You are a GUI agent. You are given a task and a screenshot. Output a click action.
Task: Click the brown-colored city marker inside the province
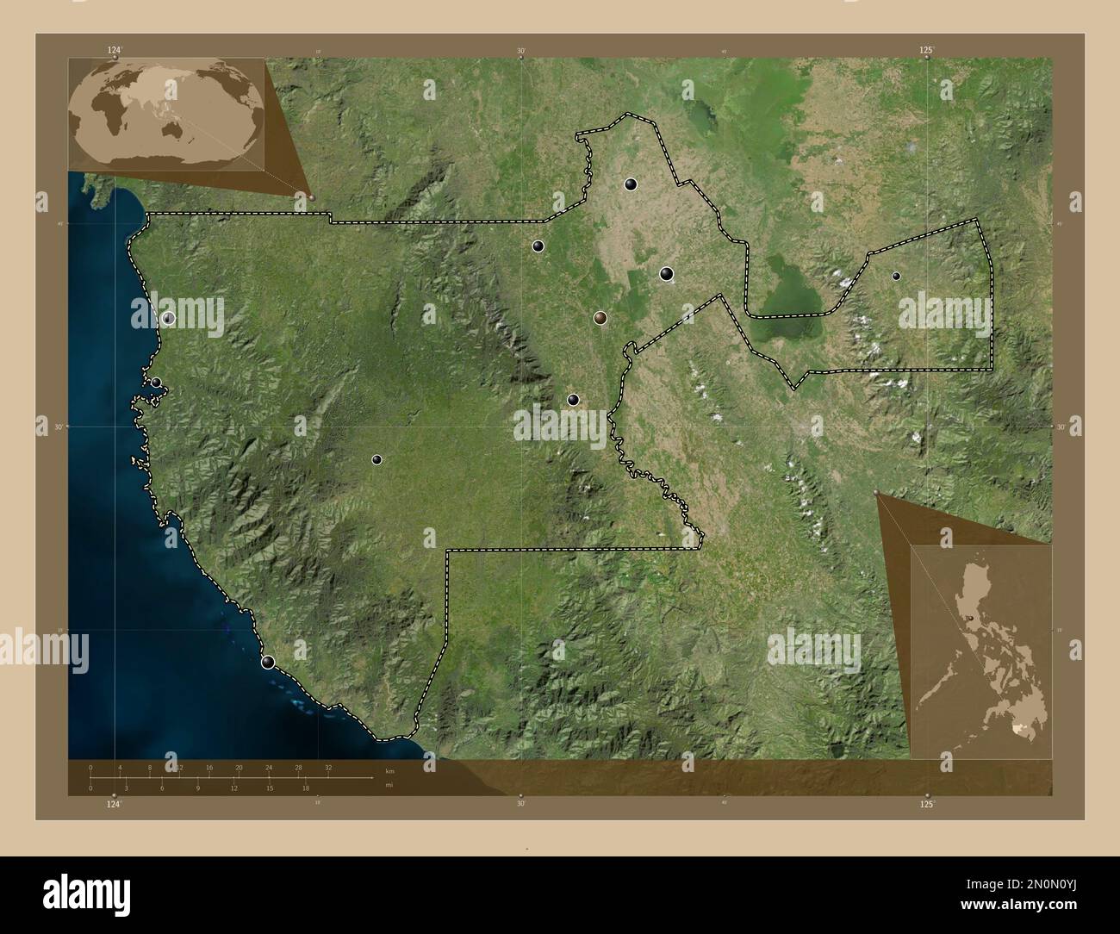[x=600, y=318]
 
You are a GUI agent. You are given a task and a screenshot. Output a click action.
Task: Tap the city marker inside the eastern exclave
[x=896, y=276]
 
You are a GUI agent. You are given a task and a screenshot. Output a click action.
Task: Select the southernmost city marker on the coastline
[x=268, y=662]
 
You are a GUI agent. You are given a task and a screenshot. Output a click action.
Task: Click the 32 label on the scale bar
[x=328, y=767]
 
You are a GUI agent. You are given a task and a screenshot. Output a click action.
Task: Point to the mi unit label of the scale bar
[x=389, y=784]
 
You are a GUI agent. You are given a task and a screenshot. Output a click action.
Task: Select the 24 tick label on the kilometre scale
[x=269, y=767]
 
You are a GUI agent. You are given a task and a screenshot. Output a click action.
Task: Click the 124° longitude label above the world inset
[x=114, y=50]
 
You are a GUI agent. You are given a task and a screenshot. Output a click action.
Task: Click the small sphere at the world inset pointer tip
[x=311, y=196]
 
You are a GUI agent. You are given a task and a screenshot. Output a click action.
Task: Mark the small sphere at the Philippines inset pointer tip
[x=876, y=493]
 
